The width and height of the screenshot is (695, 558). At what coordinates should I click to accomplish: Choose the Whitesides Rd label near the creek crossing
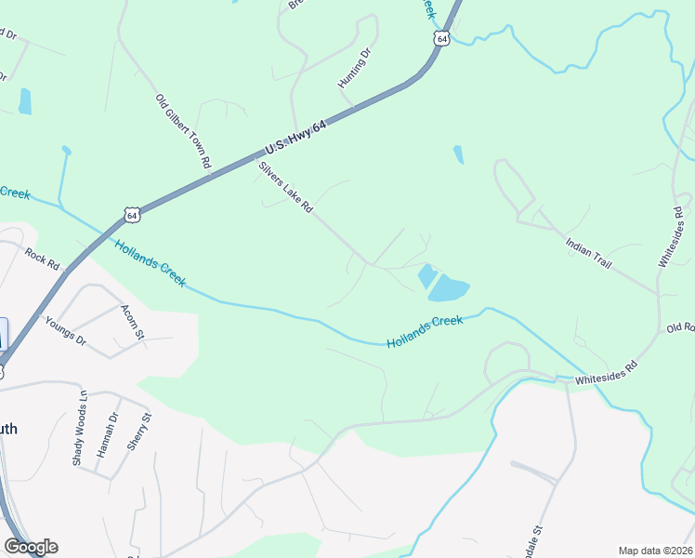[x=606, y=374]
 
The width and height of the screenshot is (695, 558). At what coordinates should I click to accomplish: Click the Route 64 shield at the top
[x=440, y=38]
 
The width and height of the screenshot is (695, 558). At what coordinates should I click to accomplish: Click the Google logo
[x=31, y=547]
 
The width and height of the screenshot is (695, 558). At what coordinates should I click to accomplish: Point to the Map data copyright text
[x=654, y=551]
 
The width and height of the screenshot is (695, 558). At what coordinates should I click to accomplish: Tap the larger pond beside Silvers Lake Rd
[x=449, y=288]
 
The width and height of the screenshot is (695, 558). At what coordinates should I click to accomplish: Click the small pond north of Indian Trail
[x=458, y=154]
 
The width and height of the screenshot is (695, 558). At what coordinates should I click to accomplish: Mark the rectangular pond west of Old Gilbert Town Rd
[x=25, y=101]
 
